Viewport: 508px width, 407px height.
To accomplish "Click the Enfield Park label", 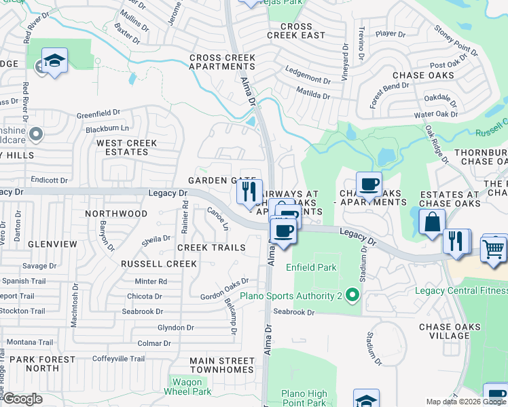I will (x=311, y=267).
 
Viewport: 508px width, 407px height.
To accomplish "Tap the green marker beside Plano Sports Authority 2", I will (x=352, y=295).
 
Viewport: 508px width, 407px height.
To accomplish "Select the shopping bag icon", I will (x=432, y=222).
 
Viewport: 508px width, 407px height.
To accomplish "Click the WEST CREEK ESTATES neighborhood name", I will (x=126, y=147).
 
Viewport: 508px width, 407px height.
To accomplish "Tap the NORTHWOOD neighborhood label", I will (x=116, y=214).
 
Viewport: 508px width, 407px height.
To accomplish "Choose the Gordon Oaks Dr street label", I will (x=224, y=296).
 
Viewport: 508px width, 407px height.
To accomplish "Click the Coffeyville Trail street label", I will (x=118, y=359).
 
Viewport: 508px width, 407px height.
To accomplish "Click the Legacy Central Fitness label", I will (x=461, y=290).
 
